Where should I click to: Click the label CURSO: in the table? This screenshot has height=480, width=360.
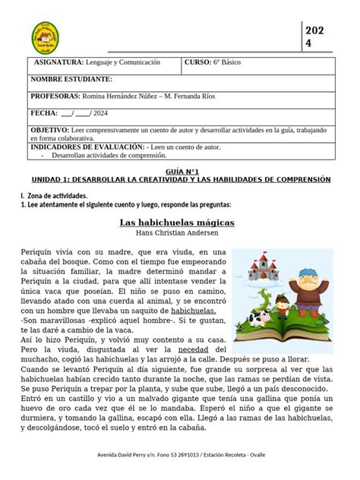(x=200, y=62)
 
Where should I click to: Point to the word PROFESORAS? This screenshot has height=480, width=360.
(x=55, y=96)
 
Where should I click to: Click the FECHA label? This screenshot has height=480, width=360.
(x=43, y=113)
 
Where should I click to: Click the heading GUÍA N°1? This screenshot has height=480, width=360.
(x=179, y=172)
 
